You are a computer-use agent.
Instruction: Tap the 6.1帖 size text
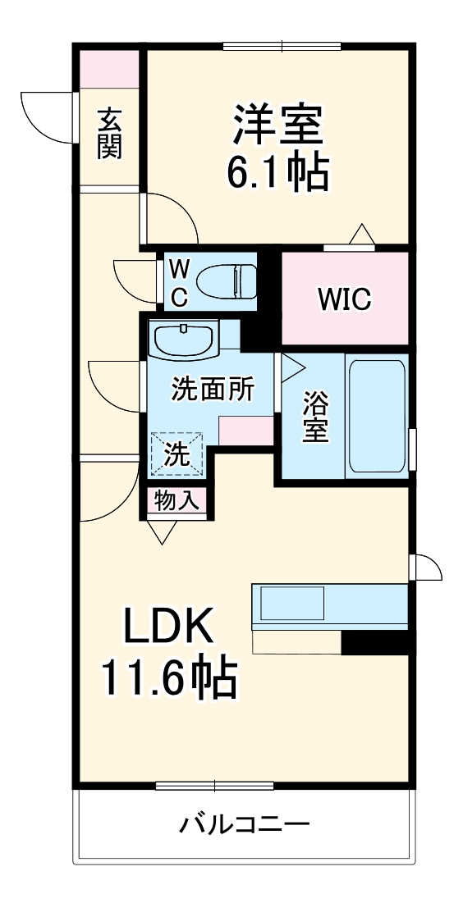(277, 172)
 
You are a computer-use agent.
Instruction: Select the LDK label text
(169, 629)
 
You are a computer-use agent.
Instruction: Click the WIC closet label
(345, 299)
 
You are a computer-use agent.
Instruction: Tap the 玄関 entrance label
(109, 133)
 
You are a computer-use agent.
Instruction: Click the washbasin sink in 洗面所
(183, 340)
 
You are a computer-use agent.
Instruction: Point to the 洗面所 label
(212, 390)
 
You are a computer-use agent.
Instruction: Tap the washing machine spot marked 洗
(176, 454)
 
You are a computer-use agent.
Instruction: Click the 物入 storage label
(176, 501)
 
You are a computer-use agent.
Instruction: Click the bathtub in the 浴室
(375, 417)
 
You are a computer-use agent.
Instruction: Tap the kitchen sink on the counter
(292, 605)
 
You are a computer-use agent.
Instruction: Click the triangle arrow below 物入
(163, 532)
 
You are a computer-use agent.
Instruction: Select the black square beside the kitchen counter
(374, 642)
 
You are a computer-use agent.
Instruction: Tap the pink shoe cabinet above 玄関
(109, 69)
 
